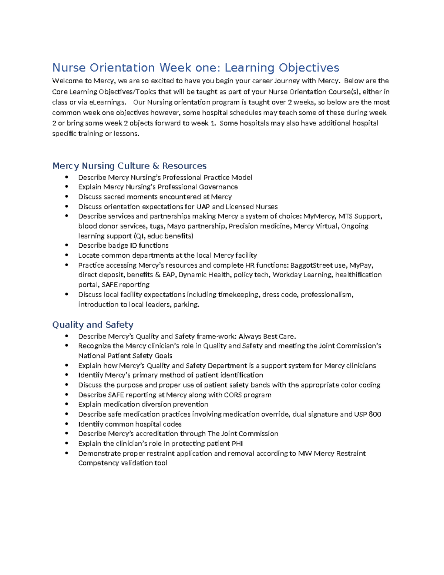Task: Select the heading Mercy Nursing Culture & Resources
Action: point(129,166)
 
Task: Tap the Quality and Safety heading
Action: point(92,325)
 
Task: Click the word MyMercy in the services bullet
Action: point(319,216)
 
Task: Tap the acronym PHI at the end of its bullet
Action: point(237,444)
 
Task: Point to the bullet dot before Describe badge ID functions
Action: point(67,245)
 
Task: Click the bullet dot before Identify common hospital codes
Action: point(67,424)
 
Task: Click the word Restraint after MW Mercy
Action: point(350,453)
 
